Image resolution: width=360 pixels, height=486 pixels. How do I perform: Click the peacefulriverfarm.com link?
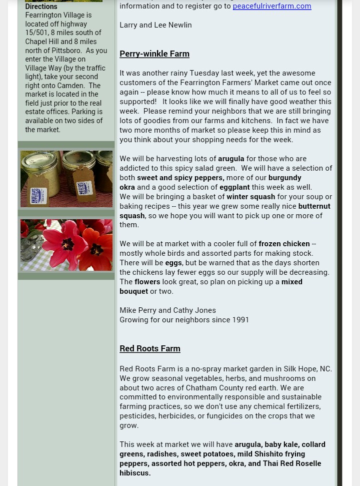[x=272, y=6]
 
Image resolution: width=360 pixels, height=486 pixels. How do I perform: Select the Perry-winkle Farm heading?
[x=154, y=54]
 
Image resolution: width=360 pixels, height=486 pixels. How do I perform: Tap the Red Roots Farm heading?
[x=149, y=348]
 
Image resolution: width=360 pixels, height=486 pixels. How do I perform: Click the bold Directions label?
[x=41, y=7]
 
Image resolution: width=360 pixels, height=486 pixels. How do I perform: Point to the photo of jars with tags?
[x=66, y=179]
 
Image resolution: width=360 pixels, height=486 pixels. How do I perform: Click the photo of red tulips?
[x=66, y=245]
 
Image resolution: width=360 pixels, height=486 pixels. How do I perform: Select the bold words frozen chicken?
[x=283, y=244]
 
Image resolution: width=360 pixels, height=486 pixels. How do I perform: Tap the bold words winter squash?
[x=250, y=197]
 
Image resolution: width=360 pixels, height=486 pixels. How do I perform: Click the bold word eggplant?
[x=234, y=187]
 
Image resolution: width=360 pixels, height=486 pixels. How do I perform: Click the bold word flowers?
[x=147, y=282]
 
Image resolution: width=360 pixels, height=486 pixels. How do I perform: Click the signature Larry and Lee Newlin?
[x=155, y=25]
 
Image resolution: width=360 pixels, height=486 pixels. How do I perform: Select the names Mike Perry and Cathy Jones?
[x=167, y=310]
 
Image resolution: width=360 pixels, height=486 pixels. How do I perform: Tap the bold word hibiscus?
[x=134, y=473]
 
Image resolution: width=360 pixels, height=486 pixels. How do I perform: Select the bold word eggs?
[x=173, y=263]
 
